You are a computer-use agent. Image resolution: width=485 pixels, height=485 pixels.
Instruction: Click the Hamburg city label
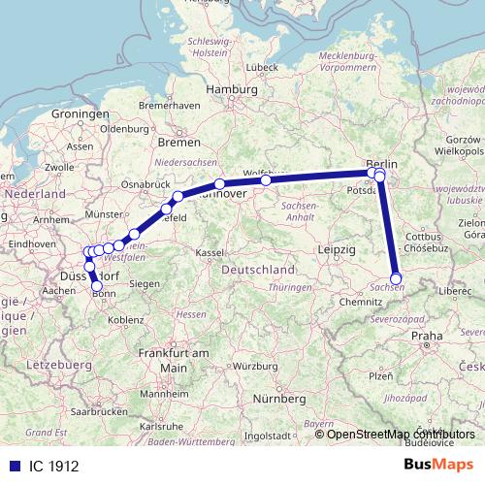[x=230, y=88]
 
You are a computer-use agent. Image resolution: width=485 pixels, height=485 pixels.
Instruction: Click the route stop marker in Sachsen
[x=395, y=278]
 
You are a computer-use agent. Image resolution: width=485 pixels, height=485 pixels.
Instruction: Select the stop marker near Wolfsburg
[x=266, y=179]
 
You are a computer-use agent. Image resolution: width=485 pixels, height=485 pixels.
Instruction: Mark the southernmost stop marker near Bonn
[x=96, y=286]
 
